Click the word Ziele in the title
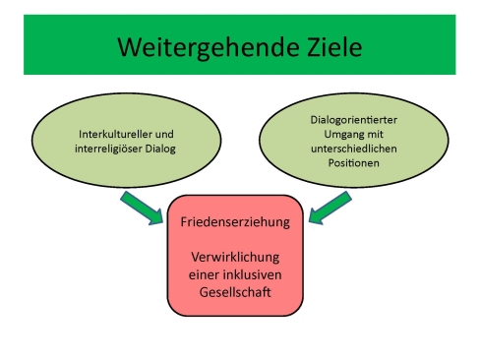pos(326,46)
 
